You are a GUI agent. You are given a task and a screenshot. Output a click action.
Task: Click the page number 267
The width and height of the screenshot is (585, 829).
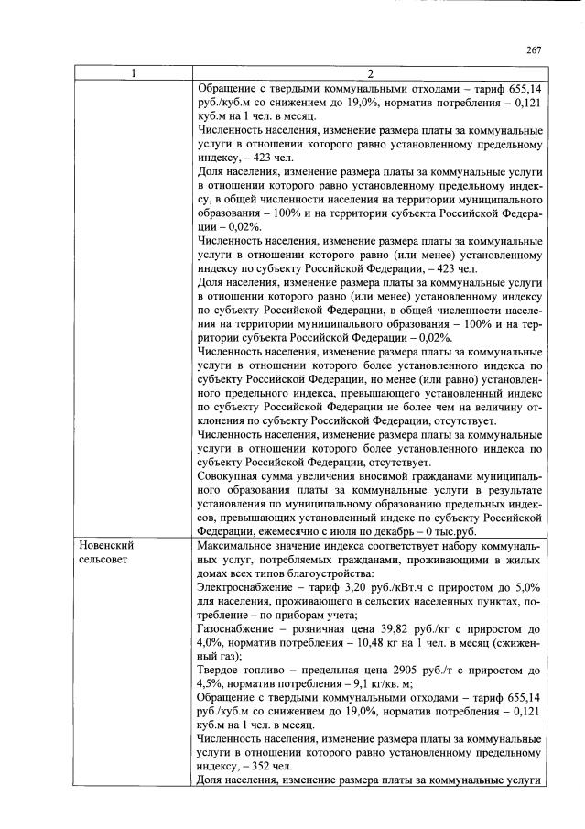pos(535,51)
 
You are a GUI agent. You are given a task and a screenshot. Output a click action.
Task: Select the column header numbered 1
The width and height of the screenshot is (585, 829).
pos(135,73)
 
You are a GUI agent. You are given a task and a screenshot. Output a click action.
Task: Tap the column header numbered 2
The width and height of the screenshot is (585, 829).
pos(370,73)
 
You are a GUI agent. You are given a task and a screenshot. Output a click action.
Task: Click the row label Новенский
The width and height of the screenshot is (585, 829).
pos(108,545)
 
